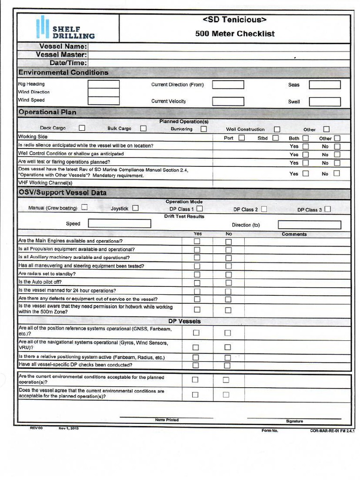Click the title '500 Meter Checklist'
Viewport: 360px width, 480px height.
point(235,34)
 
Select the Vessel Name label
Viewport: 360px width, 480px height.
point(63,46)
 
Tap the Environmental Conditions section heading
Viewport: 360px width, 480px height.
point(63,73)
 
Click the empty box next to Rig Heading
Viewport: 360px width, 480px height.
point(104,84)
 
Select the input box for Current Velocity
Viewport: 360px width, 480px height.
point(228,101)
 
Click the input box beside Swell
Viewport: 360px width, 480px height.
point(324,102)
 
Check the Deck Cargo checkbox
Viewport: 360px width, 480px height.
point(82,128)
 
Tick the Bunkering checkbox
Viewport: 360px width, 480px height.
point(204,129)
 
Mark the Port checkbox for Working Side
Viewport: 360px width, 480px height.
point(241,138)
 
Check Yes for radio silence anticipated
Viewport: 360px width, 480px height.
point(306,146)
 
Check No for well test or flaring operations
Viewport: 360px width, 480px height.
point(337,163)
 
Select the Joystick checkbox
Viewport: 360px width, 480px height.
point(135,208)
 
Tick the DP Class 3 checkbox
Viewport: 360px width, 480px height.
point(327,209)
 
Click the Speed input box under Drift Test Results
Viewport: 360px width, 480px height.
point(120,224)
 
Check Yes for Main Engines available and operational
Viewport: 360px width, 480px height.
point(197,241)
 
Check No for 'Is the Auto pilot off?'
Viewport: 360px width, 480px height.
point(228,283)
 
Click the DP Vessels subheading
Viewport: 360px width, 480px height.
point(184,322)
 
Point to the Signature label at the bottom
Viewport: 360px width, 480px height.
point(294,421)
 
